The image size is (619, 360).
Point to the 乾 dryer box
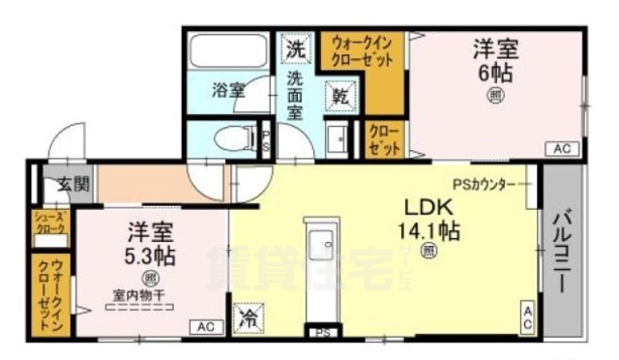[x=341, y=95]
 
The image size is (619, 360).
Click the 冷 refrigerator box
[x=247, y=317]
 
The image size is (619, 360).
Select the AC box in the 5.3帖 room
[x=205, y=327]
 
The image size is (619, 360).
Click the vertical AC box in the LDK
[x=528, y=318]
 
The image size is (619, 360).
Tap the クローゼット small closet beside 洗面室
[x=384, y=140]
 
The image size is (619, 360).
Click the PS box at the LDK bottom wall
[x=322, y=332]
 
